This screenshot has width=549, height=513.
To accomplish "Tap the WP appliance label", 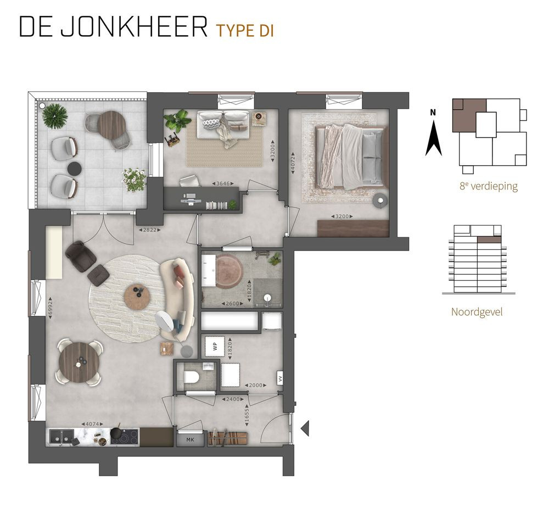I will tap(215, 347).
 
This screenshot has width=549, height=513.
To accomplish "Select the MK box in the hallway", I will tap(190, 439).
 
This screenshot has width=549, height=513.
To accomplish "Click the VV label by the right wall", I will tap(279, 378).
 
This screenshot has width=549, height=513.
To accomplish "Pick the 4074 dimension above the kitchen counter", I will tap(91, 424).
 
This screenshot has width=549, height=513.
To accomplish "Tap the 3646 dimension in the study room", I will tap(223, 183).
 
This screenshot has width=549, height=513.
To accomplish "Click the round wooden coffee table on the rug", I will tap(137, 297).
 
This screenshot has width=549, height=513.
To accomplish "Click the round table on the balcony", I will tap(113, 124).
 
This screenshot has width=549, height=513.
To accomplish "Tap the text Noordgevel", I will tap(477, 312).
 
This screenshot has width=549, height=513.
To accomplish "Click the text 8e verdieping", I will tap(489, 186).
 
